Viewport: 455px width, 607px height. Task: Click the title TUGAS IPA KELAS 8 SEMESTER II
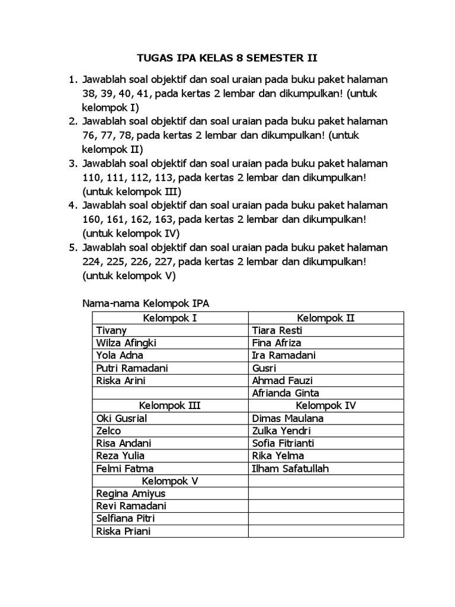point(227,58)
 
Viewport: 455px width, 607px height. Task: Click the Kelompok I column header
point(170,318)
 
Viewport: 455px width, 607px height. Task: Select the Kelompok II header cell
point(325,318)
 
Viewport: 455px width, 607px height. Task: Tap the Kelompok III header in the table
point(170,405)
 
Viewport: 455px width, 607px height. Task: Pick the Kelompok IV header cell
point(325,405)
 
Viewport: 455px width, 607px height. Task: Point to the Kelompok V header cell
point(170,481)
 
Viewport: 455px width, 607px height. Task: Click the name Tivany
point(111,331)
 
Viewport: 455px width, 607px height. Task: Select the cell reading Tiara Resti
point(277,331)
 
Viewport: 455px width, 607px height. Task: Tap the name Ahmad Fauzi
point(282,381)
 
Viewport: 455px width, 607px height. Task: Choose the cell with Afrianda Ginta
point(286,393)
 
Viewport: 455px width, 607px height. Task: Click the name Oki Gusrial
point(121,418)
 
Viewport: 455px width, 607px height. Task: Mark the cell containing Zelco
point(108,431)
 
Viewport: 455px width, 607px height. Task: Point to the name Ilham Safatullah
point(290,468)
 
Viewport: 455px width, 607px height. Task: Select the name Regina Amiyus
point(130,493)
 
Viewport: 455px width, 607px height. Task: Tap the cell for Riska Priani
point(123,531)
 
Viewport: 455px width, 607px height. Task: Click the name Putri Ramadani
point(132,368)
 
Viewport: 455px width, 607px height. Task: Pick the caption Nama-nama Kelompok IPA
point(146,303)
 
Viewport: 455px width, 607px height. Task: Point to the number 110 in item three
point(93,177)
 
